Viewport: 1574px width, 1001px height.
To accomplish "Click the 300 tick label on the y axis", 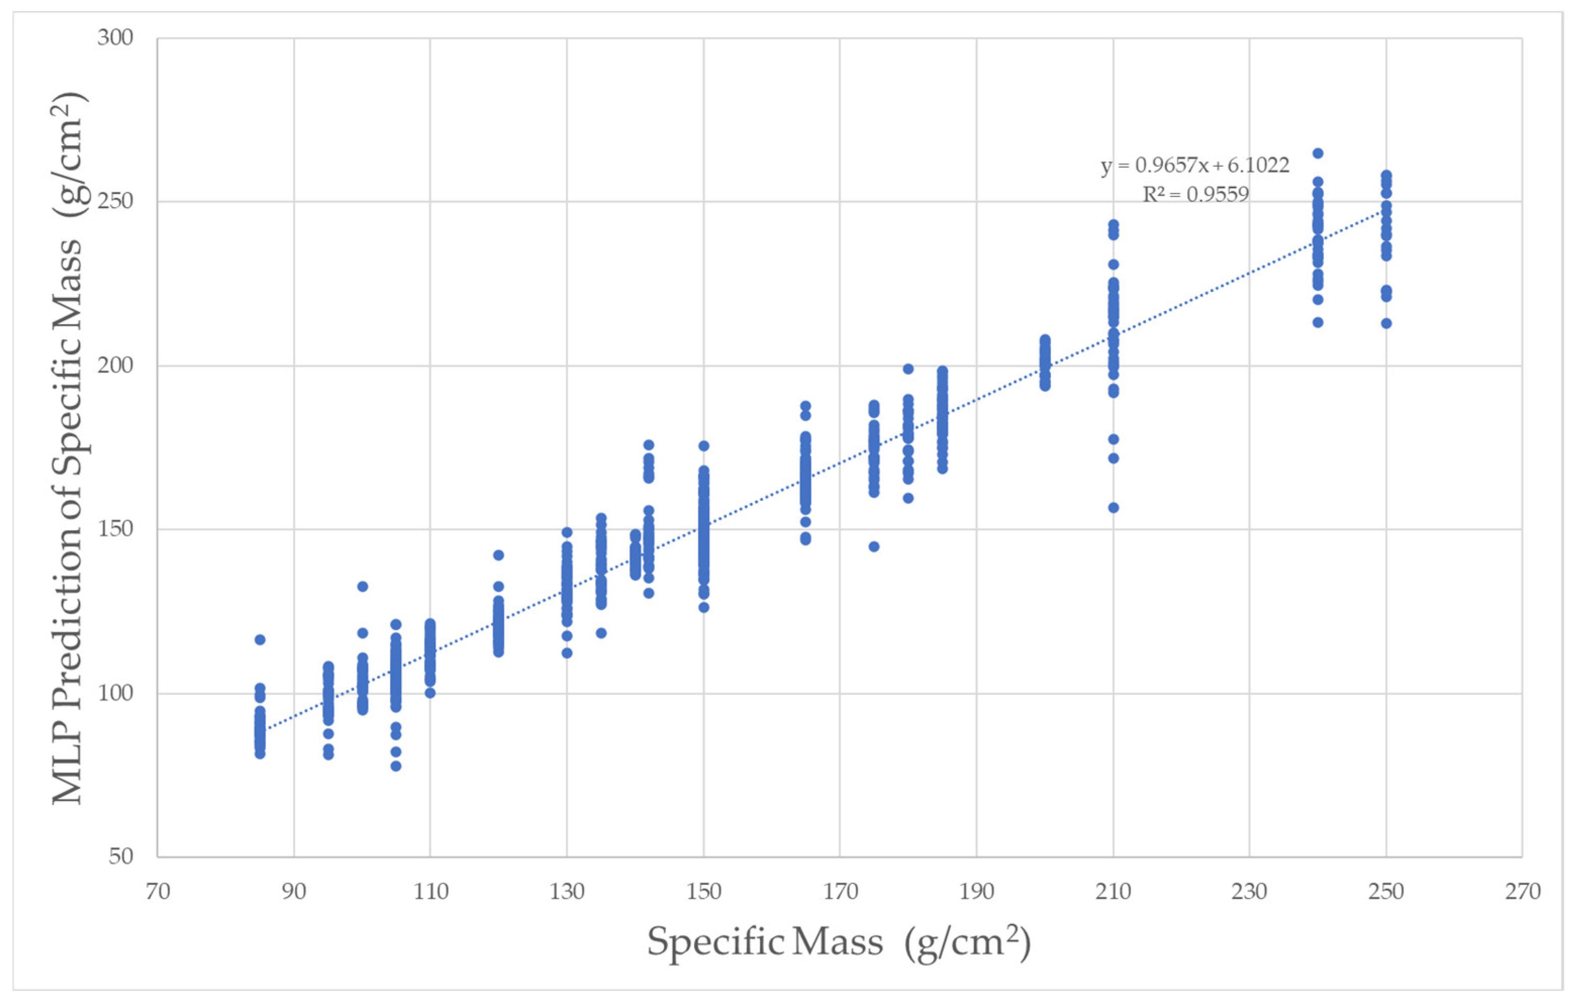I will pos(115,38).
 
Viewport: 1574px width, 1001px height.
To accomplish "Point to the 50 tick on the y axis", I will pos(121,856).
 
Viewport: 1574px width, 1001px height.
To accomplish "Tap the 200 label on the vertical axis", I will pos(115,365).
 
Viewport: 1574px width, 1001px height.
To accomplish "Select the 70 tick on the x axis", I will pos(158,892).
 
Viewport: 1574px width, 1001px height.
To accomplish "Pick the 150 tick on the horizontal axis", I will pos(703,892).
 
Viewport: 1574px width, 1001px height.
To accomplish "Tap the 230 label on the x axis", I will pos(1249,892).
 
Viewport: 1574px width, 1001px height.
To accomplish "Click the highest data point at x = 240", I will pos(1318,153).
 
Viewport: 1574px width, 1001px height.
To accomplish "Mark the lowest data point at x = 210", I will pos(1113,508).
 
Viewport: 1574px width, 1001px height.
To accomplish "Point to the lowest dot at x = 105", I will pos(396,766).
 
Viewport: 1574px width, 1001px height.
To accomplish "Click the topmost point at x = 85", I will pos(260,640).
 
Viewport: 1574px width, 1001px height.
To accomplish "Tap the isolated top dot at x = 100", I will pos(362,587).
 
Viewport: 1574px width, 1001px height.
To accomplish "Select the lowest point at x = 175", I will pos(874,547).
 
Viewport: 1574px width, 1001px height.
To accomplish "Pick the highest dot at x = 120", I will pos(498,555).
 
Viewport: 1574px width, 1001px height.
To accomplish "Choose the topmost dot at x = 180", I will pos(908,369).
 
